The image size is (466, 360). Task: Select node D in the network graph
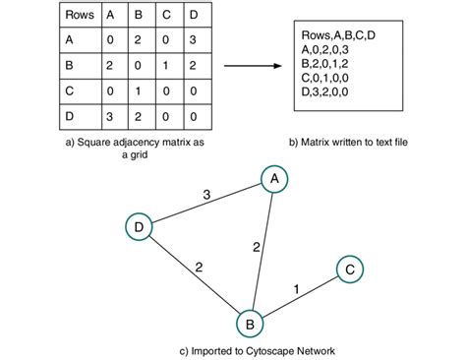[x=141, y=227]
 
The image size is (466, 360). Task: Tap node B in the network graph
[x=252, y=322]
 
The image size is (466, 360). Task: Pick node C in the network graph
[x=351, y=270]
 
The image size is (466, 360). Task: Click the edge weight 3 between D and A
[x=205, y=195]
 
